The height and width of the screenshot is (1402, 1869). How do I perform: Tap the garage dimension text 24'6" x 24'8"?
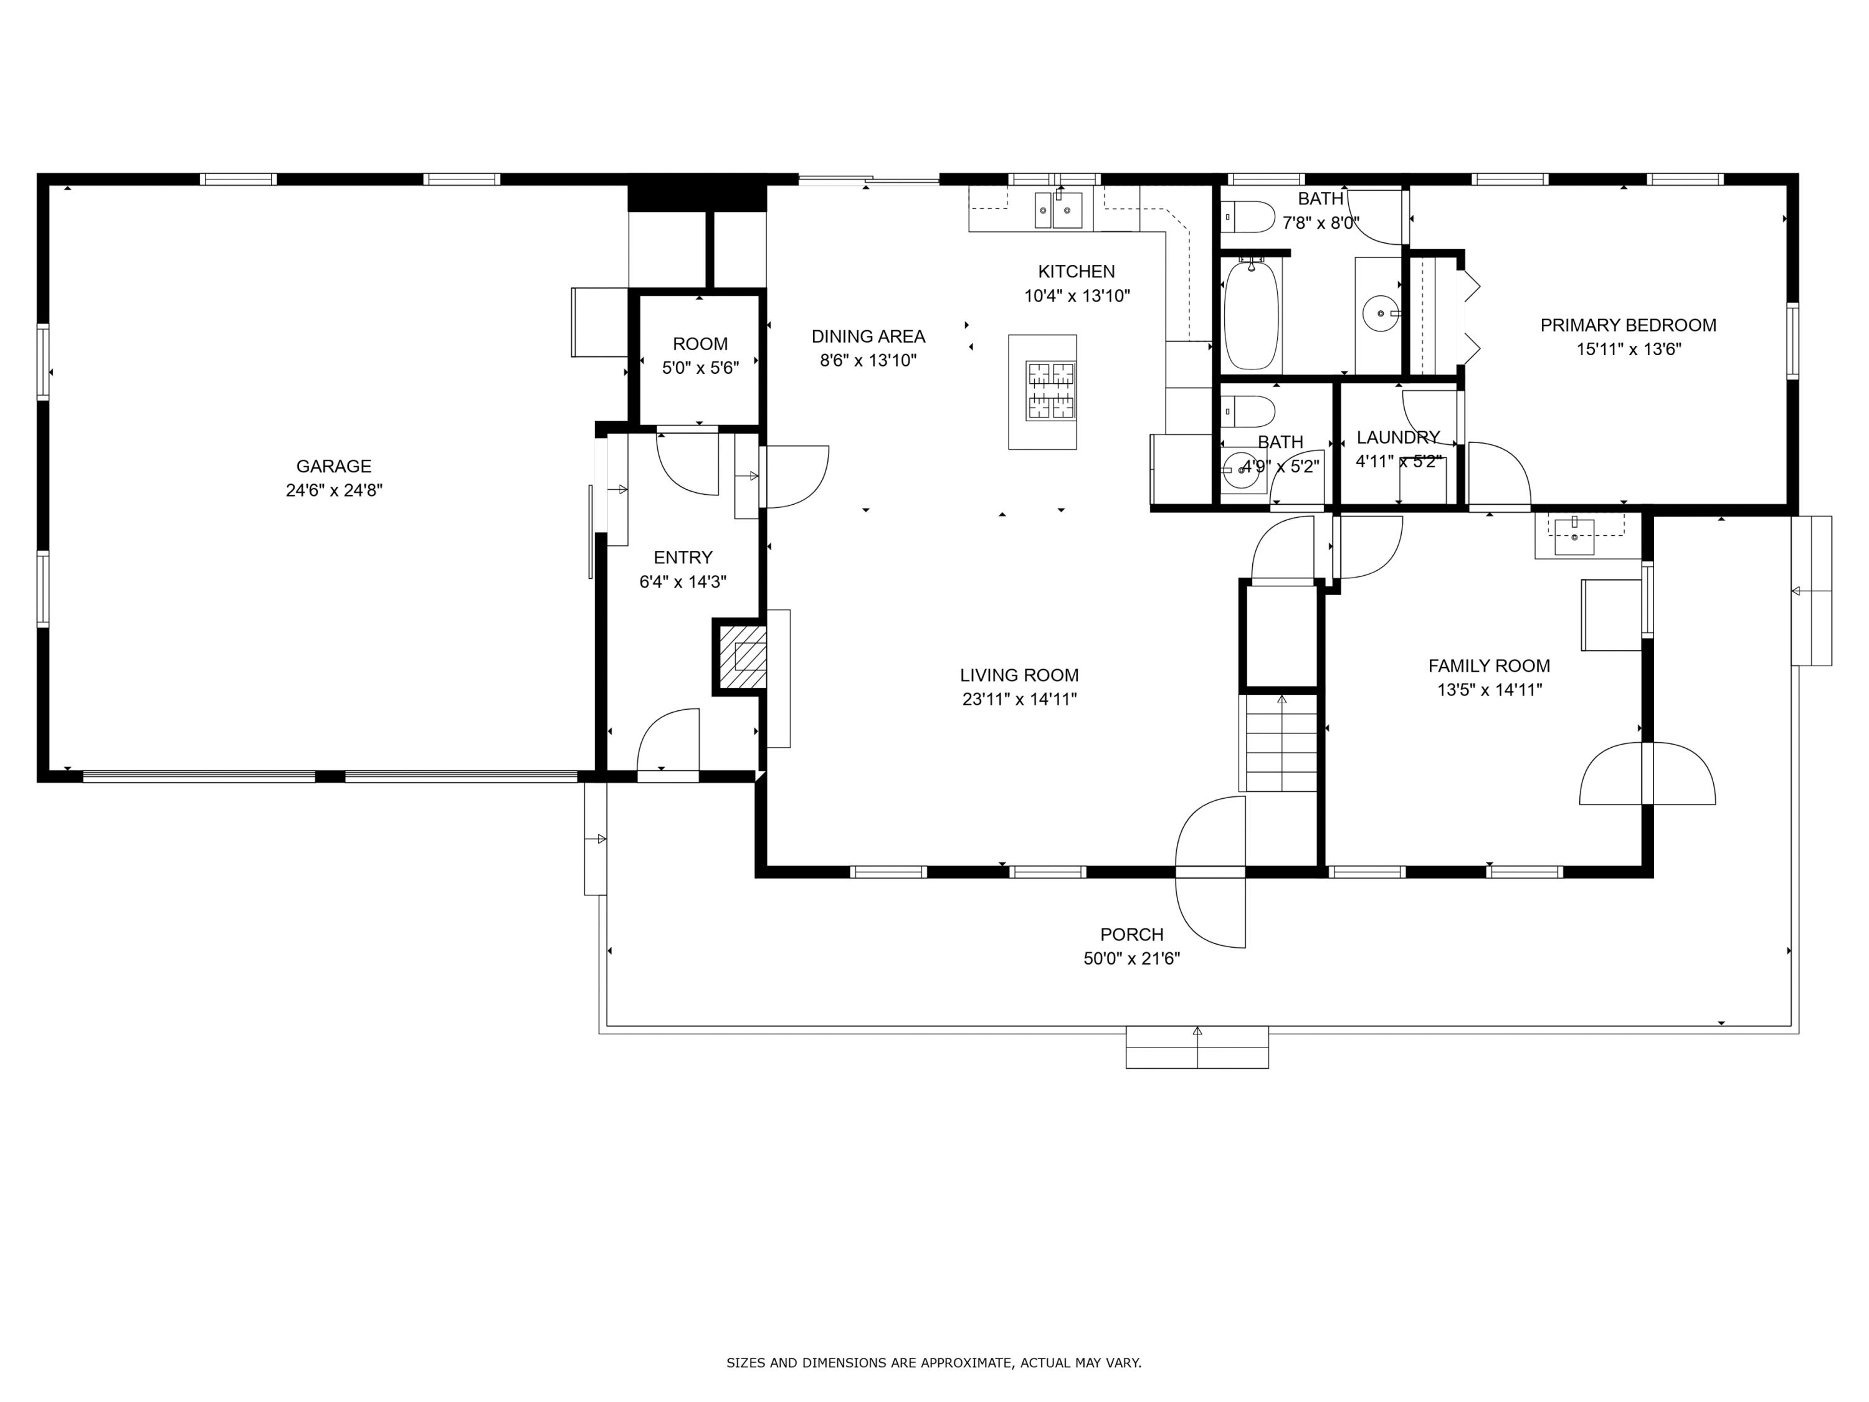[334, 490]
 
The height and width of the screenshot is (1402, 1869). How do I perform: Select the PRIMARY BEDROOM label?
[1628, 325]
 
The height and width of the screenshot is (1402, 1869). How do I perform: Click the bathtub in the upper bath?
[1252, 315]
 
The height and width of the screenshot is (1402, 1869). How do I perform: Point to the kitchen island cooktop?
[1050, 391]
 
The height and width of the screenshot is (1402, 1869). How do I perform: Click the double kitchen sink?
[1058, 209]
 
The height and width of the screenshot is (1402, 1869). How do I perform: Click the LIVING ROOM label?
[1019, 675]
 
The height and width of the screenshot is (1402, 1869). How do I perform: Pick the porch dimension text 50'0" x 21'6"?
[1131, 958]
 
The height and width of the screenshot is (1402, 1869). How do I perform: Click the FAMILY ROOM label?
[1489, 666]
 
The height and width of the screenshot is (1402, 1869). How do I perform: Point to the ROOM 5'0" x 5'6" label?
[700, 356]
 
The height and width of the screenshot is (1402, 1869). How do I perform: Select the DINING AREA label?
[868, 336]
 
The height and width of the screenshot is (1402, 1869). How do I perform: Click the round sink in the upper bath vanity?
[1381, 313]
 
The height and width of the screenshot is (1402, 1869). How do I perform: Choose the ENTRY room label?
[683, 558]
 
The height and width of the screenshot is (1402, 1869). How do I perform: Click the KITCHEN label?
[1077, 271]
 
